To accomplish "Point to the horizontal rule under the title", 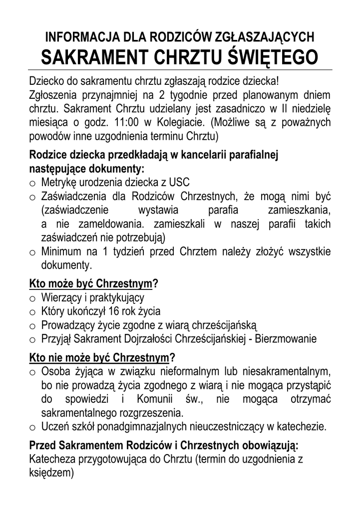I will pos(180,69).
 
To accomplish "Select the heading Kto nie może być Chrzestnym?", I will pos(102,358).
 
